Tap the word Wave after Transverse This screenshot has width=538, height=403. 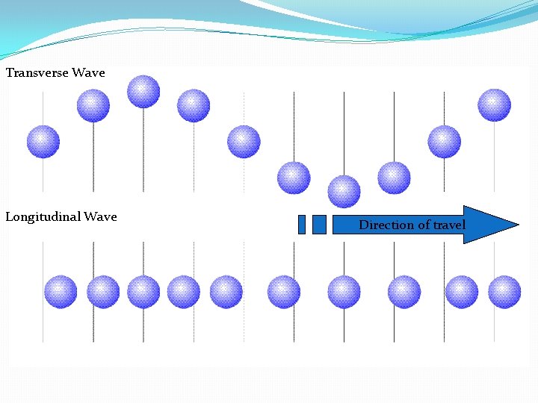pyautogui.click(x=88, y=73)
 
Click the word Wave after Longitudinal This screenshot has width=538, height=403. pyautogui.click(x=100, y=217)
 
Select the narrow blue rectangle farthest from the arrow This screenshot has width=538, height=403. pyautogui.click(x=302, y=225)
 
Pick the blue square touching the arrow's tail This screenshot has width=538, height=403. pyautogui.click(x=319, y=225)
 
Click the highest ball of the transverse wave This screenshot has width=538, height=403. pyautogui.click(x=143, y=92)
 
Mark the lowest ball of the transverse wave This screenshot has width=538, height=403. pyautogui.click(x=344, y=192)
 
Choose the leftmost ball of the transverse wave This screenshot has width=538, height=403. pyautogui.click(x=43, y=142)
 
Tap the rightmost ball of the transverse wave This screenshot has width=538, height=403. pyautogui.click(x=494, y=105)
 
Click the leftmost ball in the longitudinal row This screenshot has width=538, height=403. pyautogui.click(x=61, y=292)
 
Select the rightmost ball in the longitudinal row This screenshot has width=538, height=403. pyautogui.click(x=504, y=292)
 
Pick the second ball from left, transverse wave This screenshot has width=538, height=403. pyautogui.click(x=93, y=105)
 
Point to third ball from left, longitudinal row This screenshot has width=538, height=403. pyautogui.click(x=143, y=292)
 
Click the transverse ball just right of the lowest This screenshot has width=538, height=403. pyautogui.click(x=394, y=178)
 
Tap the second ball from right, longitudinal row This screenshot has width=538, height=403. pyautogui.click(x=462, y=292)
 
